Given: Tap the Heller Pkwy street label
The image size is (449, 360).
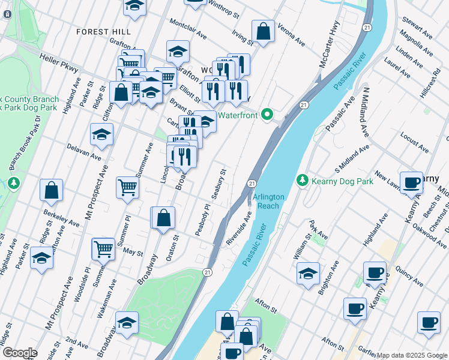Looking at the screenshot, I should coord(59,62).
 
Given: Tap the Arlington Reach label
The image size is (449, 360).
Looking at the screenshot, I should coord(265,202).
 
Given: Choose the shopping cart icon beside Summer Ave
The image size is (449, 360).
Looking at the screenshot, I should coord(127,188).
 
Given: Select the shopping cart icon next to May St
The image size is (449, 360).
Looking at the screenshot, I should coord(103,248).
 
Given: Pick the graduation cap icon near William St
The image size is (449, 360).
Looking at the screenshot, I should coord(308,274).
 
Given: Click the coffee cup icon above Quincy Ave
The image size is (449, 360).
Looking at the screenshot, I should coord(375,272).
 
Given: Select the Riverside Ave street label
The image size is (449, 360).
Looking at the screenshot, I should coord(238,227).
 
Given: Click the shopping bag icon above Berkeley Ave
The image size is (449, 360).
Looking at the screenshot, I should coord(52,190).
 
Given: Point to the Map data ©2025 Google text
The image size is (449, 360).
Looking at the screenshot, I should coord(412,355).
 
